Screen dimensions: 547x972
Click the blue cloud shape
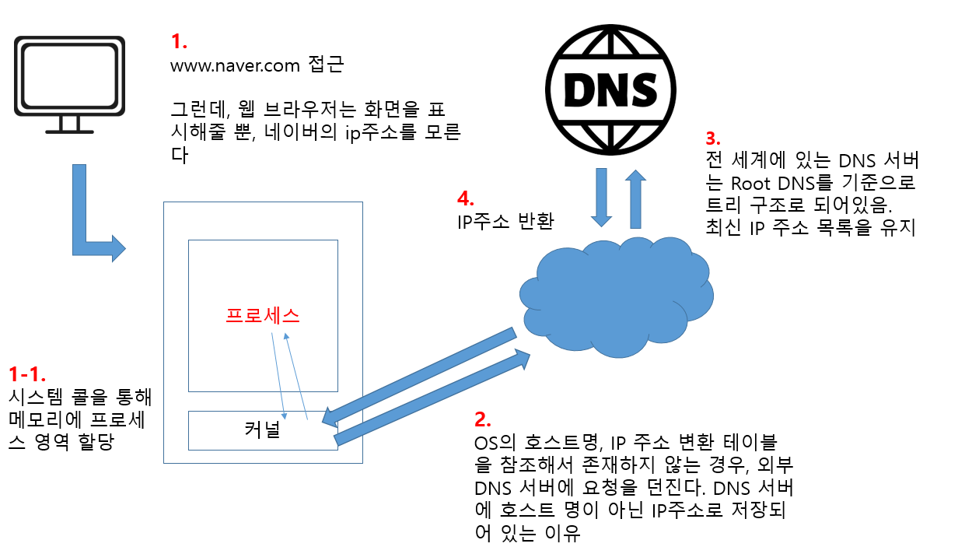point(614,296)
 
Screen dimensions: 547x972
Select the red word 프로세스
point(263,315)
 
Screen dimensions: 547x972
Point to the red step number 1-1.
point(28,373)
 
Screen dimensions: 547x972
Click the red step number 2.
point(482,419)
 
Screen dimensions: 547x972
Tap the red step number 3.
point(713,139)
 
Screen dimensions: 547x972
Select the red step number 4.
point(466,198)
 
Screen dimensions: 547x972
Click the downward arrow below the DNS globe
point(601,199)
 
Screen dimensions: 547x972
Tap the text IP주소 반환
point(505,221)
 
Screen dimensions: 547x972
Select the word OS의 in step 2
point(495,444)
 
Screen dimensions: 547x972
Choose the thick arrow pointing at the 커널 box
point(420,377)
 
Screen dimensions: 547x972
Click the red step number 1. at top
point(179,40)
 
